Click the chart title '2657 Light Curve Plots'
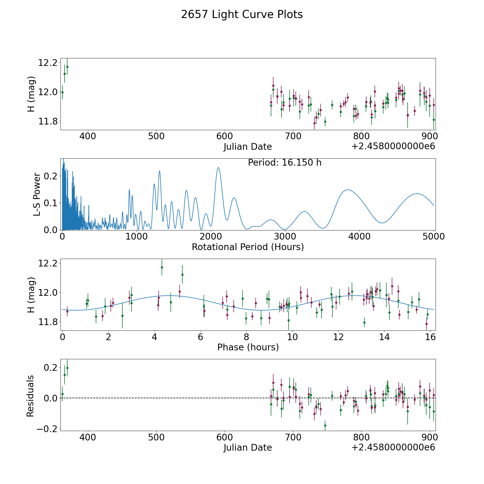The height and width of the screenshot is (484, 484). pos(242,15)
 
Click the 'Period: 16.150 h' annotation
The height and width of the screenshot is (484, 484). pos(284,163)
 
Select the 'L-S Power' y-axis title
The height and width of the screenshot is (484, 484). pos(37,194)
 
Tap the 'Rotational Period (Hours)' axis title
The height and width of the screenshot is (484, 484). pos(248,247)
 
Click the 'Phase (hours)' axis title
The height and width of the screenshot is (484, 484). pos(248,347)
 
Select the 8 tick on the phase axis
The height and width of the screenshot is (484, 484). pos(246,337)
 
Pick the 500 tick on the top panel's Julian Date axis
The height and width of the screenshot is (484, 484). pos(156,136)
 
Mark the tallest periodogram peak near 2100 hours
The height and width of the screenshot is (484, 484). pos(218,168)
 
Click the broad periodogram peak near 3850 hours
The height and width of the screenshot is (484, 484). pos(348,190)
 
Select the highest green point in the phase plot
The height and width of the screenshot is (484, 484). pos(162,267)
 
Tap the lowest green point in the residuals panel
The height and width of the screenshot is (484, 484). pos(325,425)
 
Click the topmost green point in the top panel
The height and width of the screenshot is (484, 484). pos(67,67)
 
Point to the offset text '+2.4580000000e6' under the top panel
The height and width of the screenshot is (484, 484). pos(393,146)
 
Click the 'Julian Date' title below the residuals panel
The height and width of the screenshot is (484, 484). pos(248,447)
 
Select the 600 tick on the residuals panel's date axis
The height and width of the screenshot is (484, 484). pos(225,437)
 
